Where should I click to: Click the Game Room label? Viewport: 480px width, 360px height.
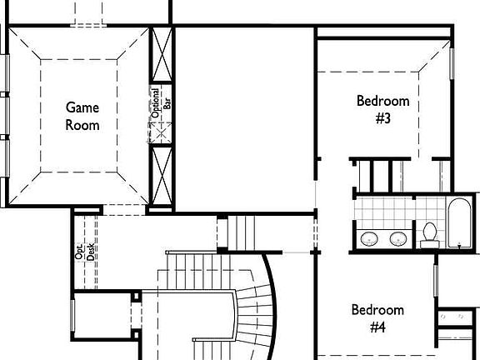82,116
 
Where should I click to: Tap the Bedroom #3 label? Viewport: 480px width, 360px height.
383,109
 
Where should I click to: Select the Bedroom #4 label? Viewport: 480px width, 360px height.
377,318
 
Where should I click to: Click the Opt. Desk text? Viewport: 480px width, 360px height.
85,252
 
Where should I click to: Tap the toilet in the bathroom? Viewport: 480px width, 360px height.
430,234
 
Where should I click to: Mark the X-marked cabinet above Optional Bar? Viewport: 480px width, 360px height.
162,55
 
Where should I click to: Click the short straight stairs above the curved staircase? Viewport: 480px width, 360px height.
243,231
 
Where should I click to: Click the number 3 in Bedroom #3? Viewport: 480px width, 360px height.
383,118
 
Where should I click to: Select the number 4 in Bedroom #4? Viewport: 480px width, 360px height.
377,327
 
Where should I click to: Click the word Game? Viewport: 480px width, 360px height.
82,107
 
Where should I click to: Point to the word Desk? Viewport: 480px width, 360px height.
91,252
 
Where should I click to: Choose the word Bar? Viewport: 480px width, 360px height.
167,104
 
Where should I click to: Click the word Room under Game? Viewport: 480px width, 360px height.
82,125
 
